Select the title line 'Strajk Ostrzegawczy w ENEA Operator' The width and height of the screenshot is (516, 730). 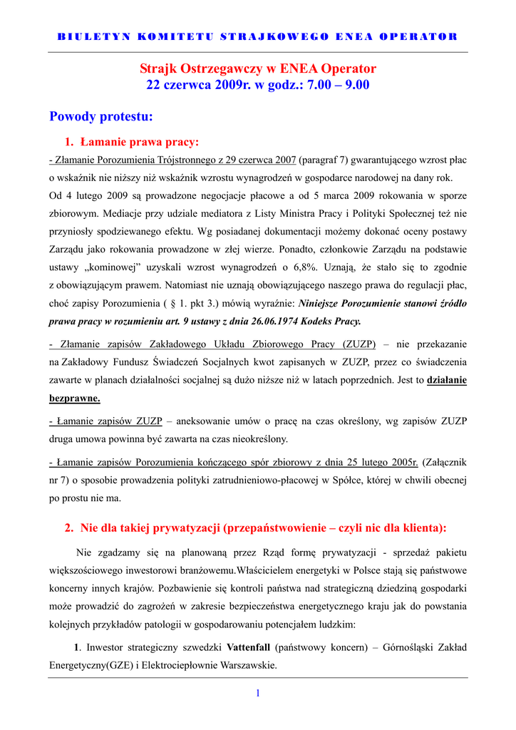pos(257,69)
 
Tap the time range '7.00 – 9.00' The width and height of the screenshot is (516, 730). pos(338,85)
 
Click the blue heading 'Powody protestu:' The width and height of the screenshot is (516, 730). pos(101,115)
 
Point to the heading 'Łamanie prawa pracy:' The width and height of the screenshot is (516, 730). pos(139,142)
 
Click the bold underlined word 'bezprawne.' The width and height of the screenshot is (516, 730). pos(75,398)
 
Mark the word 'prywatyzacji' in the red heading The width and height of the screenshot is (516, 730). pos(186,528)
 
